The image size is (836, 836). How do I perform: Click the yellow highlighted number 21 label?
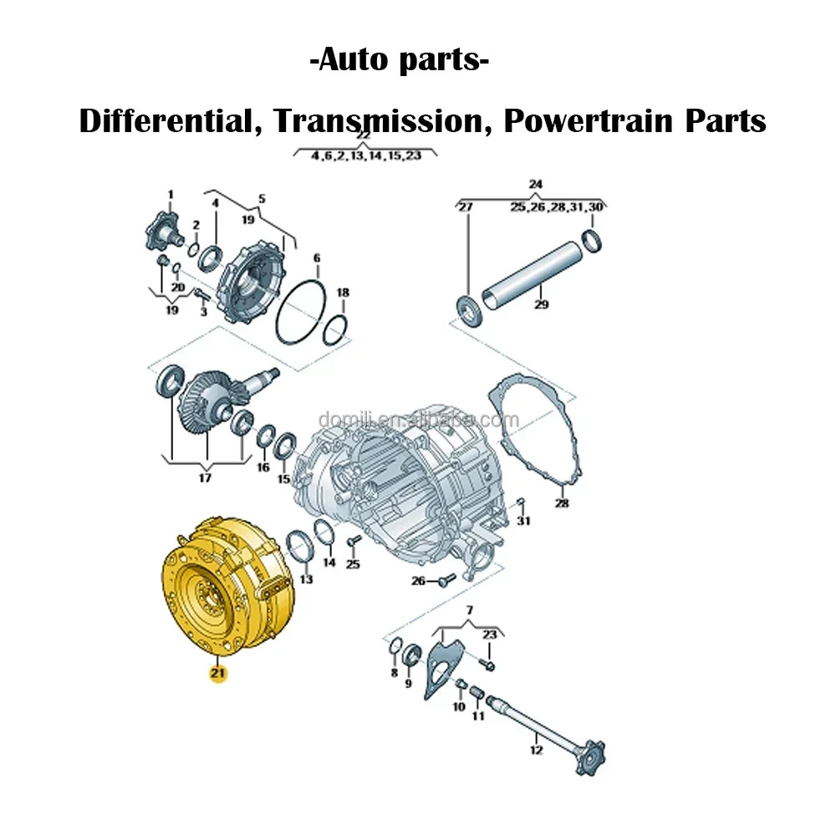pos(218,672)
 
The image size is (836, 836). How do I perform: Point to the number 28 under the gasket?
pos(562,503)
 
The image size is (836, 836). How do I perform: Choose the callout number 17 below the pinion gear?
pos(205,478)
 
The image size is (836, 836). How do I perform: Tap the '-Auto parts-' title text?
pos(400,62)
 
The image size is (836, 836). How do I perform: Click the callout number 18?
pos(343,293)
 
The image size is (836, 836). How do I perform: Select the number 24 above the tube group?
pos(536,184)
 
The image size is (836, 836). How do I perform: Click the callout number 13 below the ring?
pos(306,579)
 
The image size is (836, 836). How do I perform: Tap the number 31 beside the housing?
pos(524,521)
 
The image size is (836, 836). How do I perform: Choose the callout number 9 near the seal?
pos(409,684)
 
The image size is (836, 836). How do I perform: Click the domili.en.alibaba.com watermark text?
pos(418,420)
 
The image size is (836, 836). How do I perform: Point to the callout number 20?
pos(177,287)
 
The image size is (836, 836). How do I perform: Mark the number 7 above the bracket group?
pos(469,610)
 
